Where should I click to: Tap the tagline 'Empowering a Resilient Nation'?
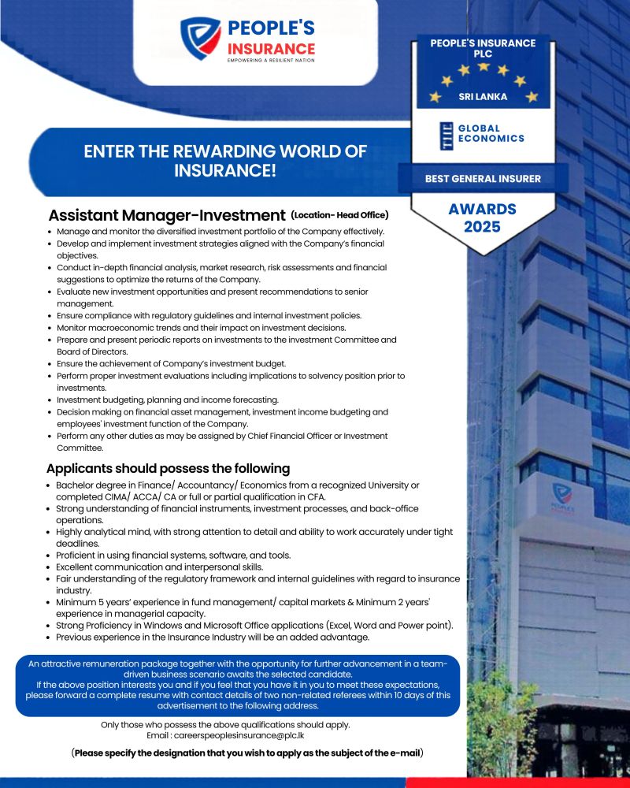click(270, 60)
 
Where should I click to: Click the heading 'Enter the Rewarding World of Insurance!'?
click(225, 161)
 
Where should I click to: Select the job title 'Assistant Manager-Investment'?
click(166, 215)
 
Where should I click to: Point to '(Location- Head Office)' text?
click(339, 214)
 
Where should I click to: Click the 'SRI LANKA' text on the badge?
click(483, 97)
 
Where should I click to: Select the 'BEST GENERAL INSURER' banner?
click(483, 179)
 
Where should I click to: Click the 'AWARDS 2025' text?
click(482, 218)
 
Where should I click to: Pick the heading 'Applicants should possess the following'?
click(168, 468)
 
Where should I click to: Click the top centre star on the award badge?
click(484, 67)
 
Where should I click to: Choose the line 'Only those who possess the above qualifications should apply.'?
click(225, 724)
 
